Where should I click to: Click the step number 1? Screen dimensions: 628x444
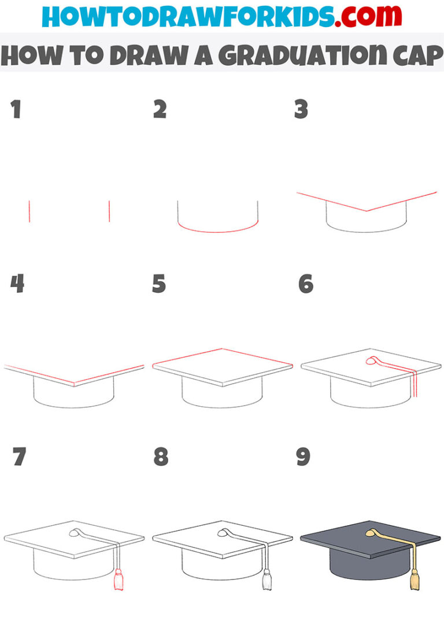(16, 109)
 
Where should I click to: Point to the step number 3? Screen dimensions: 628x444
(301, 109)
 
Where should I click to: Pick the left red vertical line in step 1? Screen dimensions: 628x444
(29, 211)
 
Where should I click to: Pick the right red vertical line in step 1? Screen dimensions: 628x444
(109, 211)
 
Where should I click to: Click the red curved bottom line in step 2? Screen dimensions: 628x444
(217, 231)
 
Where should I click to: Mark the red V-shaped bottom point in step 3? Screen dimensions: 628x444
(366, 211)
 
